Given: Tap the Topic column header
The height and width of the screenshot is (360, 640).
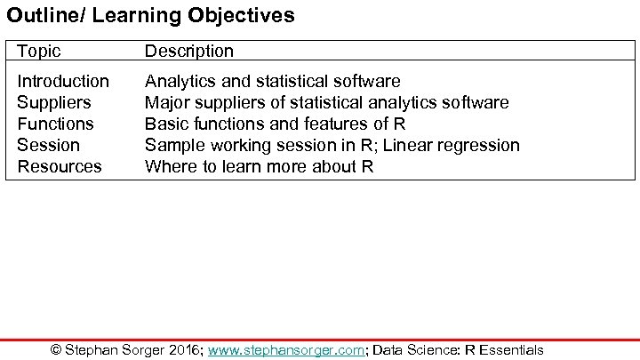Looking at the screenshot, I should point(39,52).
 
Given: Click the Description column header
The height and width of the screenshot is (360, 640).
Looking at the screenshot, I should point(188,52).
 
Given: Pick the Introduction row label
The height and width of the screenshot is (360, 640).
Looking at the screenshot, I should point(63,82).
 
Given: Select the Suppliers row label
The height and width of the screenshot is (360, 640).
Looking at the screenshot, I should point(53,103).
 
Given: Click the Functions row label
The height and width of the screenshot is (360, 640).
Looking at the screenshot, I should point(55,124).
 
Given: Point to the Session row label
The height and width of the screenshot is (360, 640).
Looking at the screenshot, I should point(48,145).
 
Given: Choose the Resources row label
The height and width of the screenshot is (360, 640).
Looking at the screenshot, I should point(60,166).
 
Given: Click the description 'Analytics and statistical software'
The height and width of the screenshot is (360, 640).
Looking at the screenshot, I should point(272,82).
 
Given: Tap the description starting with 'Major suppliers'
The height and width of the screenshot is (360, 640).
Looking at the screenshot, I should point(326,103).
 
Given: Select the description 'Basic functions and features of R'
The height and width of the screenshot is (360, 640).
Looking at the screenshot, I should point(275,124).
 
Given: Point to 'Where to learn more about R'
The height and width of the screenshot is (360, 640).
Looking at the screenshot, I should point(259,166).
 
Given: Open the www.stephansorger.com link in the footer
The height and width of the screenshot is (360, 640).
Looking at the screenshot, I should point(286,350).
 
